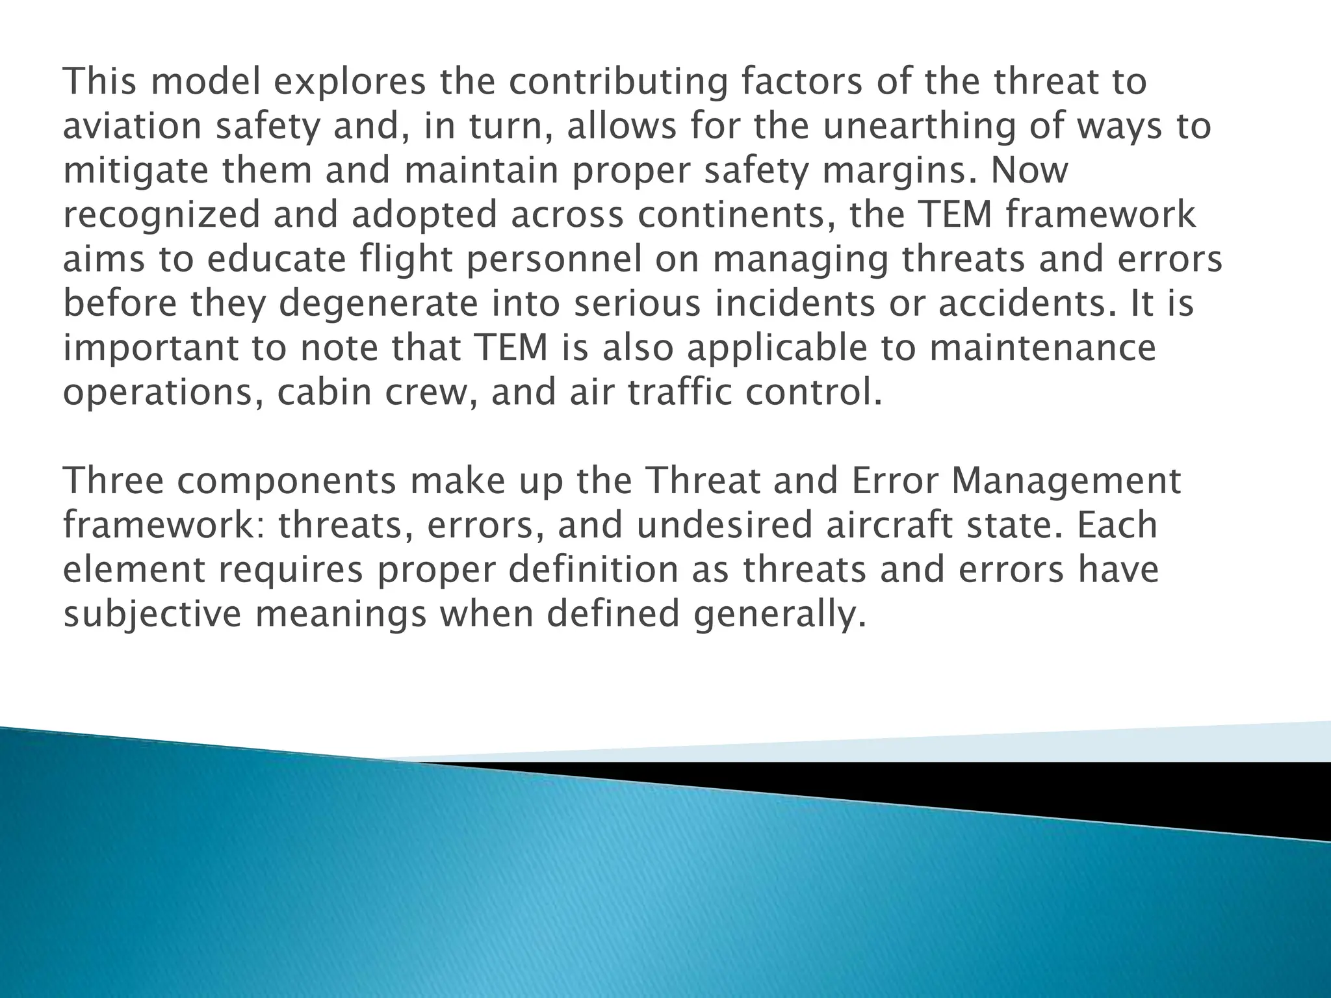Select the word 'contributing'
pos(617,82)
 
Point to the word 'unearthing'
pos(918,126)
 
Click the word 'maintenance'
pos(1042,348)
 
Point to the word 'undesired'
pos(724,526)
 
